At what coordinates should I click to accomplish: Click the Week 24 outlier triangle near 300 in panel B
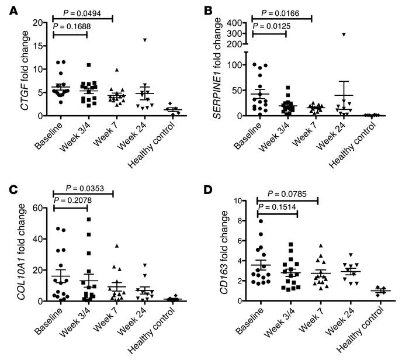(344, 34)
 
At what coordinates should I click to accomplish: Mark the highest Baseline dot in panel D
(261, 221)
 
